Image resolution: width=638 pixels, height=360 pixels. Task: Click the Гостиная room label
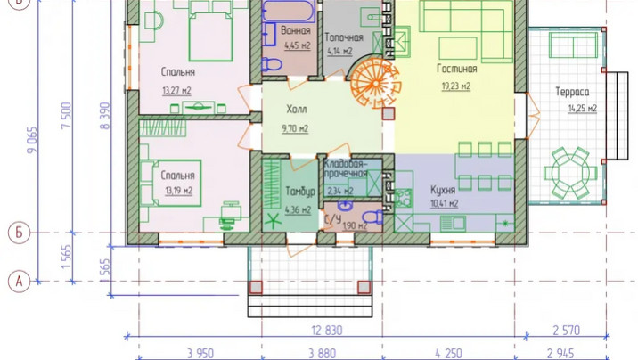point(456,69)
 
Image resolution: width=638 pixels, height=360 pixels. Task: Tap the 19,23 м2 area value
point(456,86)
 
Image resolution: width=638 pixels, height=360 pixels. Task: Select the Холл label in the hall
point(297,109)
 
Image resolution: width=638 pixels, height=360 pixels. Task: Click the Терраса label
point(572,92)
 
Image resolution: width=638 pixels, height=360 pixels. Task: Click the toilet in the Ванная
point(272,64)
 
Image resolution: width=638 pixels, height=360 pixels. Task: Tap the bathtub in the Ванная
point(289,11)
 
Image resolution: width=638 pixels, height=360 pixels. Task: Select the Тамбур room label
point(300,192)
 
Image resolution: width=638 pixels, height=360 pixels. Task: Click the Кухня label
point(443,190)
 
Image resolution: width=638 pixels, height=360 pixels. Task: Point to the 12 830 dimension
point(327,330)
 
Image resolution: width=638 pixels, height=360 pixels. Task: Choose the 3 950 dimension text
point(200,353)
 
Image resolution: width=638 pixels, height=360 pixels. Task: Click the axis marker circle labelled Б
point(19,233)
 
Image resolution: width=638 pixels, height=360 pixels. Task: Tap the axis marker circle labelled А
point(19,281)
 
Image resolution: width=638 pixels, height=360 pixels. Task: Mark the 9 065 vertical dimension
point(32,140)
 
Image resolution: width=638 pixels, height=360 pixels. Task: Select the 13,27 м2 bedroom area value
point(176,90)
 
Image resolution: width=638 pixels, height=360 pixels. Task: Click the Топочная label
point(344,37)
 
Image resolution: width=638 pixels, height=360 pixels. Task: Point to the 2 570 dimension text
point(567,330)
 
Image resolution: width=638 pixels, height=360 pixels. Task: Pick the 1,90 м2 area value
point(355,225)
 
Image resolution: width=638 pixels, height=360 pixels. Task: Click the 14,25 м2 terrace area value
point(582,108)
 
